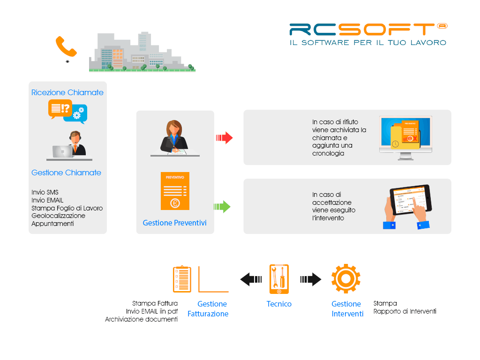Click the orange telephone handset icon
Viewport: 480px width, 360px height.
point(66,46)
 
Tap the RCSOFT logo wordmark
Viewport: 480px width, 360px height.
point(368,30)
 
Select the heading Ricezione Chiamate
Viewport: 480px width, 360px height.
point(67,92)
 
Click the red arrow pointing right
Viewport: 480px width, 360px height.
point(225,138)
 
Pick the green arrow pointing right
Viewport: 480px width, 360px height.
point(222,207)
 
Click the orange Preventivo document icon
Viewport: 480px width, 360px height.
point(175,191)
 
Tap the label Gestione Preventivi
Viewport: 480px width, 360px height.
point(174,223)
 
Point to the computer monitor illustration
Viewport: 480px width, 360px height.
point(405,138)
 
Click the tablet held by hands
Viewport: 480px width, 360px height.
point(411,200)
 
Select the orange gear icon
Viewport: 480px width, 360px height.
point(346,278)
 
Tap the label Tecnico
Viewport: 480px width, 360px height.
point(279,304)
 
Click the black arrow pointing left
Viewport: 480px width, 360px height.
point(251,279)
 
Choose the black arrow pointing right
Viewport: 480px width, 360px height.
point(311,279)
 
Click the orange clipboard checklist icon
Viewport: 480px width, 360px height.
point(182,279)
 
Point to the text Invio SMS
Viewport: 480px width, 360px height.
point(45,192)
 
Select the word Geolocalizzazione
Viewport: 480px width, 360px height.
point(59,216)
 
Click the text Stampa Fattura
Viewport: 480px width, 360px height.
point(155,303)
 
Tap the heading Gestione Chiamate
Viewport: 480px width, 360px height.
point(66,172)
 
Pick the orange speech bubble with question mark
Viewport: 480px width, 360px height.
point(60,109)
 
